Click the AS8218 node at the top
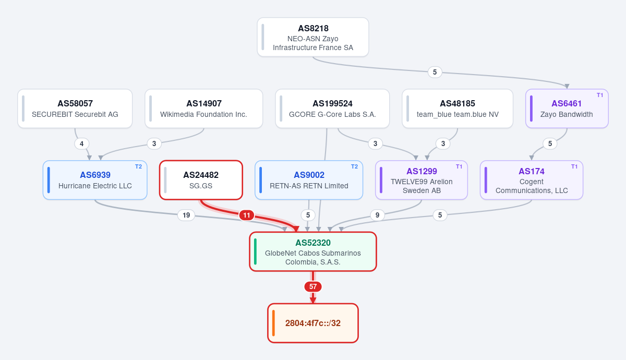312,37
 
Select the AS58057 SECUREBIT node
75,109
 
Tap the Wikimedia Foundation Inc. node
204,109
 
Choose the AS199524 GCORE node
332,109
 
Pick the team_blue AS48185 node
458,109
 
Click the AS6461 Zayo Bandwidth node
567,109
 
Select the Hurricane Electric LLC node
95,180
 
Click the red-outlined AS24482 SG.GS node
201,180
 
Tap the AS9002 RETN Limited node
309,180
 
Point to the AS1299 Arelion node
422,180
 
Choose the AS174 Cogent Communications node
532,180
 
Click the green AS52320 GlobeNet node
312,251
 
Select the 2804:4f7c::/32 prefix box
312,323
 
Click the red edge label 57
312,286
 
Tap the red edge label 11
246,215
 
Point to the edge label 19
186,215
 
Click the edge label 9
377,215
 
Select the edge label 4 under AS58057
81,143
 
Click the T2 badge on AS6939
139,166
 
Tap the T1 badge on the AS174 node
574,166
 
